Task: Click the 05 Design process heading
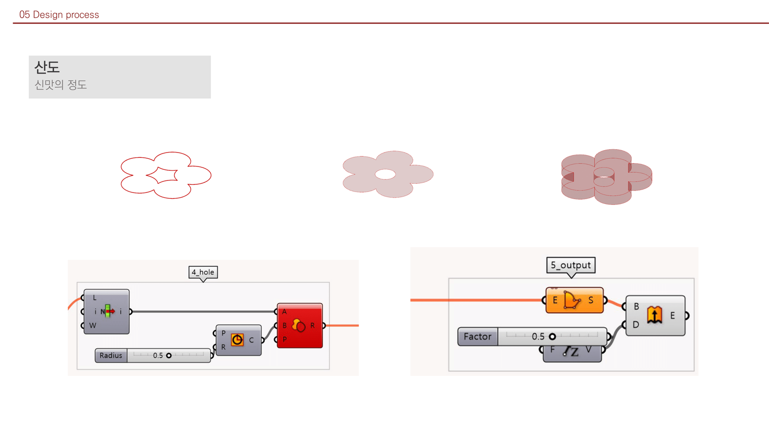point(59,14)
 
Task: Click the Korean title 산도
point(47,67)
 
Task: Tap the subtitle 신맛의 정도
point(61,85)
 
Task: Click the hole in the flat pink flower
point(385,174)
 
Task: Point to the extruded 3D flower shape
point(607,177)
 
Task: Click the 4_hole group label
point(203,272)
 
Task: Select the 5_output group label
point(571,265)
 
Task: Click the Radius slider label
point(111,356)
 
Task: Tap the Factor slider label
point(477,337)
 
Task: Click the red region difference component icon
point(298,326)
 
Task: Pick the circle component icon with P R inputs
point(237,340)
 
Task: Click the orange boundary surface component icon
point(572,300)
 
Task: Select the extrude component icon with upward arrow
point(654,315)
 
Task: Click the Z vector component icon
point(571,352)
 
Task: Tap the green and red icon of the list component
point(108,311)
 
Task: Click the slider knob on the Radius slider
point(169,356)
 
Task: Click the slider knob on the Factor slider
point(552,337)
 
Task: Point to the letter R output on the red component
point(312,326)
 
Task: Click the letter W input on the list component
point(93,326)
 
